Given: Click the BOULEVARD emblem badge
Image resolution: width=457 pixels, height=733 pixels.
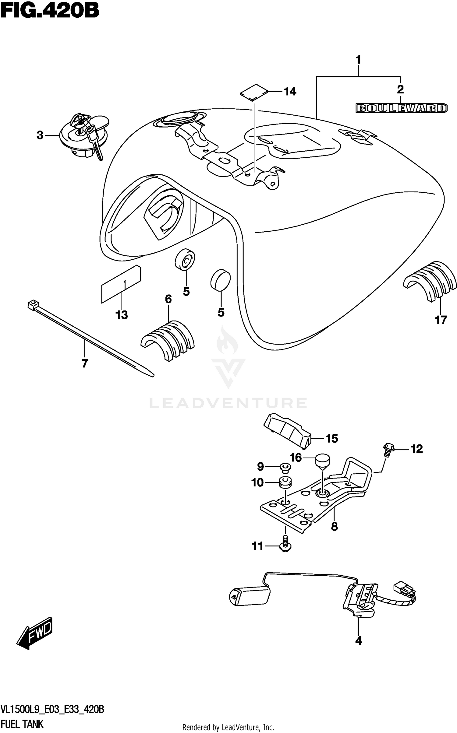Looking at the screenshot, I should [402, 108].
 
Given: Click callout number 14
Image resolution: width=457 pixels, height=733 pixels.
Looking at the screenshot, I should [290, 91].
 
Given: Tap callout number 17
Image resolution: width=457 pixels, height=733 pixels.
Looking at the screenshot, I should [441, 320].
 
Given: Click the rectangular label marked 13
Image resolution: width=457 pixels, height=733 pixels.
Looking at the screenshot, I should [121, 284].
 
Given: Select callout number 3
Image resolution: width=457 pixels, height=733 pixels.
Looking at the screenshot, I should [40, 135].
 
